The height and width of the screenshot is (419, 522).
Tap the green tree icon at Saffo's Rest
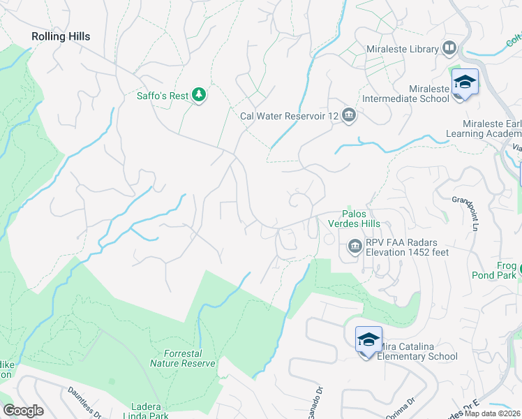point(199,94)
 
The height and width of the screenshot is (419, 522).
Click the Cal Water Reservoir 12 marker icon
point(349,116)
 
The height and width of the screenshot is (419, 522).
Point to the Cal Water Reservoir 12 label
point(289,117)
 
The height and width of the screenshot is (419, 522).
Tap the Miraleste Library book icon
point(449,49)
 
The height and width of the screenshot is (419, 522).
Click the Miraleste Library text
point(402,50)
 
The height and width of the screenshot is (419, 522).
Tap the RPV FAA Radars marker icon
point(355,246)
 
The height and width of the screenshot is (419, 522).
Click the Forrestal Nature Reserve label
point(182,359)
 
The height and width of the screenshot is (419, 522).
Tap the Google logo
point(24,411)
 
